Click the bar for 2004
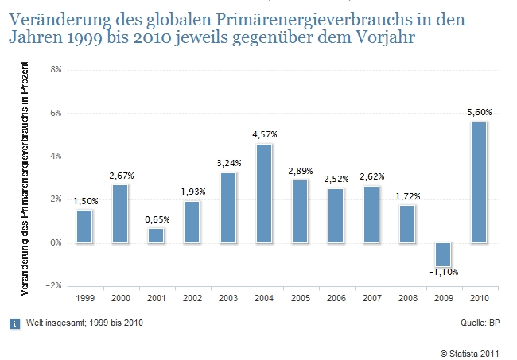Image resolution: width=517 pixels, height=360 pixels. pos(263,193)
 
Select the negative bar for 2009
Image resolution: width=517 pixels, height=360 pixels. pos(442,254)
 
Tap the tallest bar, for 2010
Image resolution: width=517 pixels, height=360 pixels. pos(477,182)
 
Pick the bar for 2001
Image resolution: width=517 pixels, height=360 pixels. pos(156,235)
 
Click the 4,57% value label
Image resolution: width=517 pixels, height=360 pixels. pos(264,134)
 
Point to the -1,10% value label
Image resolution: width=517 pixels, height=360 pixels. pos(442,273)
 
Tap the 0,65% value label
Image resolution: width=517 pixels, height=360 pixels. pos(157,219)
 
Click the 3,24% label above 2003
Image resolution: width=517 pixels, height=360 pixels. pos(228,163)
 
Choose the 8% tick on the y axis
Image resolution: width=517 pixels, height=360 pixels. pos(56,70)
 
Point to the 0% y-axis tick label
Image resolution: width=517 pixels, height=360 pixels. pos(56,243)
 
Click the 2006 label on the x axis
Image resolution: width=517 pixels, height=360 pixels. pos(335,298)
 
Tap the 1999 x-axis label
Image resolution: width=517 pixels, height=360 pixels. pos(84,298)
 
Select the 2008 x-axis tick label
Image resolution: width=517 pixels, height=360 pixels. pos(406,298)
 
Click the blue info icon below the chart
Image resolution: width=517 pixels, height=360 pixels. pos(14,323)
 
